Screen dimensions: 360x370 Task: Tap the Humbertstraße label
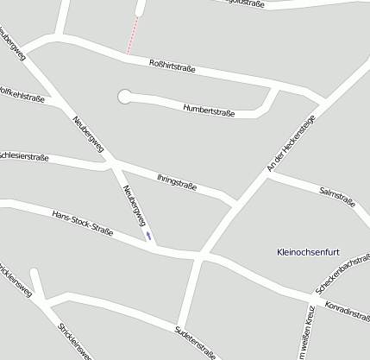coord(210,110)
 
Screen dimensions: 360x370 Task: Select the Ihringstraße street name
coord(177,181)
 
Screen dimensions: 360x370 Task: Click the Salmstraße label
coord(337,195)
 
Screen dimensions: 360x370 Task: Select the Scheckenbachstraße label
coord(342,275)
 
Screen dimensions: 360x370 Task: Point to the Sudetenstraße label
coord(195,342)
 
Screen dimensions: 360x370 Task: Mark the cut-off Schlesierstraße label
coord(22,155)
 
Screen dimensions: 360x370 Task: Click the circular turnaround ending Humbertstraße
coord(125,96)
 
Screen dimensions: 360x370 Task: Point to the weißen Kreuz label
coord(304,335)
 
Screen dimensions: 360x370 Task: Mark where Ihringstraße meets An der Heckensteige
coord(235,204)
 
